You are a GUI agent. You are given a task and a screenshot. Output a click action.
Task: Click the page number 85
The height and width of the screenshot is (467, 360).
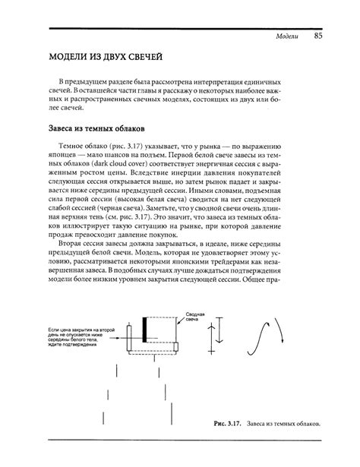point(318,36)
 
